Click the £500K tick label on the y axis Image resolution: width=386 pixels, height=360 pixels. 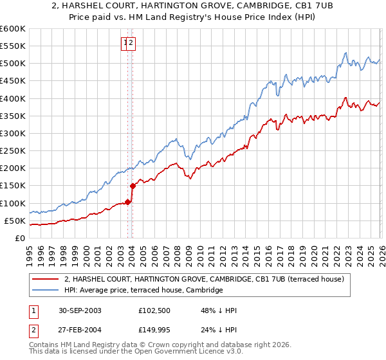pyautogui.click(x=13, y=64)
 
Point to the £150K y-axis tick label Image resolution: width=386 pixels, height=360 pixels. pyautogui.click(x=13, y=186)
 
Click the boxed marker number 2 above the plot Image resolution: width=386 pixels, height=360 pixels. pyautogui.click(x=131, y=43)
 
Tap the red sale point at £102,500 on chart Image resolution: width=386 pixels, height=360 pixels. pyautogui.click(x=128, y=202)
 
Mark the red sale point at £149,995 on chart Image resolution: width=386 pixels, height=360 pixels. pyautogui.click(x=133, y=186)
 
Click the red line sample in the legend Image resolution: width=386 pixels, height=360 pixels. pyautogui.click(x=46, y=279)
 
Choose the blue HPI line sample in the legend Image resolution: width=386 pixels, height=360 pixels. pyautogui.click(x=46, y=291)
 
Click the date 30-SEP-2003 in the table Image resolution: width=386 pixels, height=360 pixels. pyautogui.click(x=84, y=310)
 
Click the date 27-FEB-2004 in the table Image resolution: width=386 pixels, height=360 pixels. pyautogui.click(x=84, y=330)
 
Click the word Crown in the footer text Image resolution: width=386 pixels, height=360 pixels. pyautogui.click(x=158, y=346)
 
